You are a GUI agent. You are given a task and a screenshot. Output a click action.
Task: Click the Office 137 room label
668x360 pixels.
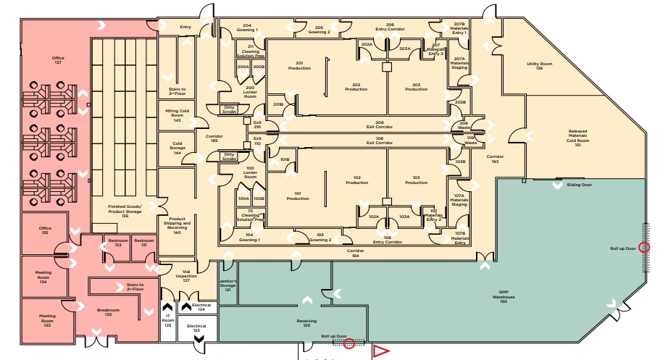[57, 60]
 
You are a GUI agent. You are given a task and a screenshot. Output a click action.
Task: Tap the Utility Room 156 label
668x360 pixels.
[539, 66]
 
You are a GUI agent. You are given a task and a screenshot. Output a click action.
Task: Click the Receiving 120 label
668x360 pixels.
[307, 323]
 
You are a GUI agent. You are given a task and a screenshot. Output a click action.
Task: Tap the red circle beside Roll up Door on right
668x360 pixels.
[645, 248]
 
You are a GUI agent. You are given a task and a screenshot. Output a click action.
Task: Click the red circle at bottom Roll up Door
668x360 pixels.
[349, 343]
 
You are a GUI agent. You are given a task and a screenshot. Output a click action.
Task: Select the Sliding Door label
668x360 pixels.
[579, 185]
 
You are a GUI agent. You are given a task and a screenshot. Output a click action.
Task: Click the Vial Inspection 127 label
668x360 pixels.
[185, 276]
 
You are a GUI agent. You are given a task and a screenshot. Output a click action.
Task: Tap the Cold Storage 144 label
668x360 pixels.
[178, 150]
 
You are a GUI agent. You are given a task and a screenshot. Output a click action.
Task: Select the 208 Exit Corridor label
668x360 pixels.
[379, 125]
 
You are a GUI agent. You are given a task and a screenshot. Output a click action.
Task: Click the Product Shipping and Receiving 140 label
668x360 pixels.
[178, 225]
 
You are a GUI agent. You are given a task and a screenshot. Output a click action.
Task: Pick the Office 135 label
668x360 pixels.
[45, 230]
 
